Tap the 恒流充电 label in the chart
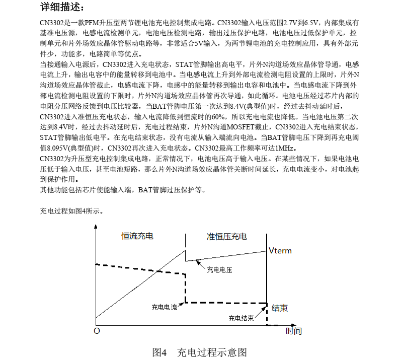tap(137, 236)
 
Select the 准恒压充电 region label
tap(227, 236)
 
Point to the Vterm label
tap(280, 250)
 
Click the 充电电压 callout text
tap(219, 270)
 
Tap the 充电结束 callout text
tap(241, 318)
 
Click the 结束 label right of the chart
tap(280, 308)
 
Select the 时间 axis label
tap(293, 331)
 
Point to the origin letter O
tap(97, 331)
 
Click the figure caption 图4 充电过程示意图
tap(199, 352)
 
